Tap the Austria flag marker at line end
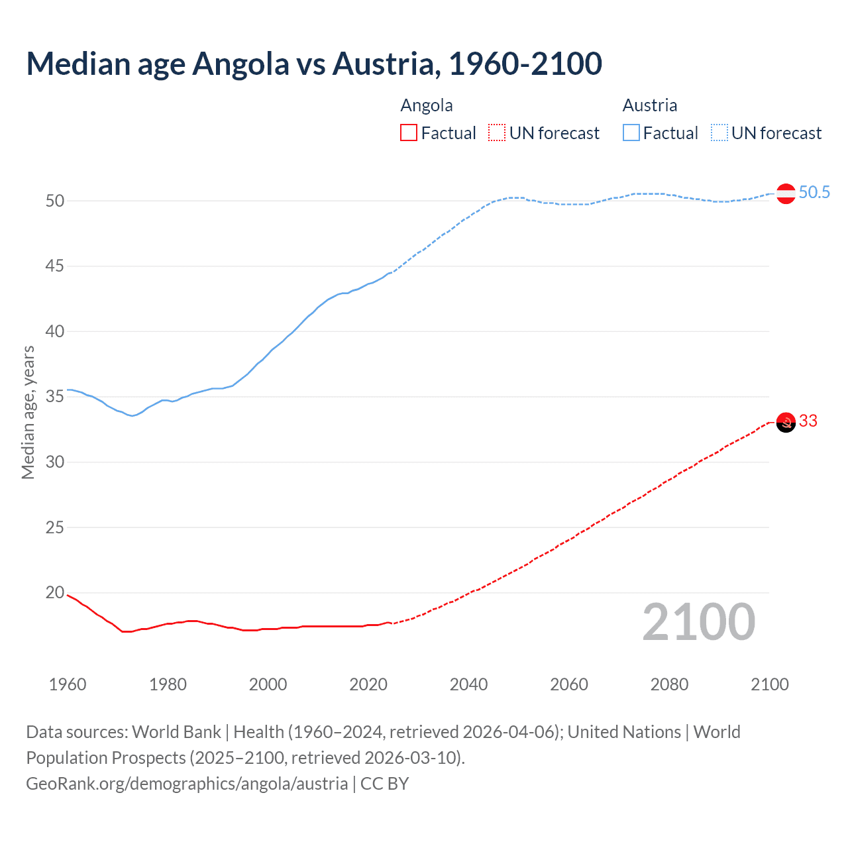click(x=786, y=193)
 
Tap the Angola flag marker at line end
click(x=786, y=422)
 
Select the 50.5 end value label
click(x=814, y=193)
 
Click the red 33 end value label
click(x=808, y=421)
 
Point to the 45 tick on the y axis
click(x=55, y=266)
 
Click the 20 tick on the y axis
click(x=55, y=593)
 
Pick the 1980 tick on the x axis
click(x=168, y=684)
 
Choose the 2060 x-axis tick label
click(x=569, y=684)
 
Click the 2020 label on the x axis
click(x=368, y=684)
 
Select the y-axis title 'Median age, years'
click(x=28, y=412)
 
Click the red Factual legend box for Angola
click(x=409, y=133)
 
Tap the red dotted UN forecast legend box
click(x=497, y=133)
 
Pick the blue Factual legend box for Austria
click(x=631, y=133)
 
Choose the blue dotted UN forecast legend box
click(x=719, y=133)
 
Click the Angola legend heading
click(x=427, y=106)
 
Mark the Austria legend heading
click(x=649, y=106)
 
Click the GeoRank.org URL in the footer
click(x=187, y=784)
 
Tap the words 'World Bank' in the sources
click(x=176, y=732)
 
